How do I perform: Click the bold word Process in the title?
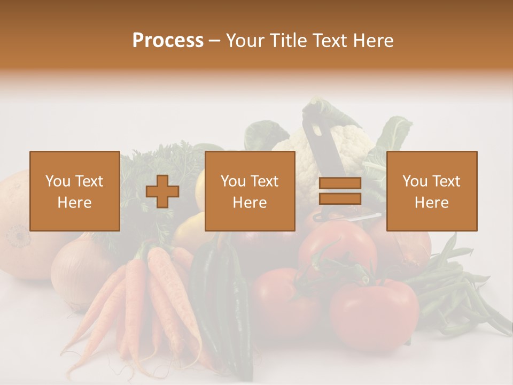pyautogui.click(x=168, y=41)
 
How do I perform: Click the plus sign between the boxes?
pyautogui.click(x=162, y=191)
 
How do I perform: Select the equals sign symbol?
pyautogui.click(x=340, y=191)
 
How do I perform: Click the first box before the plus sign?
pyautogui.click(x=74, y=191)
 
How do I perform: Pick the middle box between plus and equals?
pyautogui.click(x=250, y=191)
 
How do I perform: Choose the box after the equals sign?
pyautogui.click(x=431, y=191)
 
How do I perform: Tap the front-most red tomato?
pyautogui.click(x=374, y=313)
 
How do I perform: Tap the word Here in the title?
pyautogui.click(x=372, y=41)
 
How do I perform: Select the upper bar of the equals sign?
pyautogui.click(x=340, y=183)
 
